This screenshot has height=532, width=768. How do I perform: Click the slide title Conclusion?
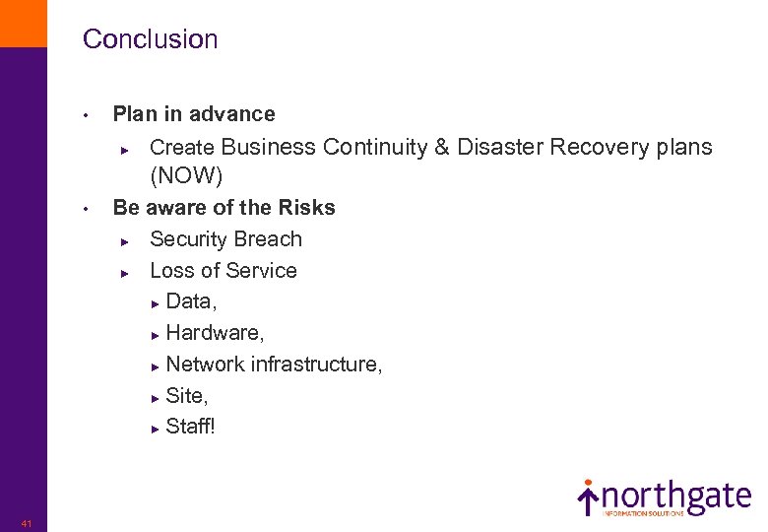(150, 39)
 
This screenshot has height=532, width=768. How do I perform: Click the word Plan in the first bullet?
(133, 114)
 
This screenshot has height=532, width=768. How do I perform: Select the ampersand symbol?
(440, 147)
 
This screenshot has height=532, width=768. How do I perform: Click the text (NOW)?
(186, 176)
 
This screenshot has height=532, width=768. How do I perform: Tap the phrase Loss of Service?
(223, 271)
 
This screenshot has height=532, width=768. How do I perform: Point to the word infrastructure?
(316, 365)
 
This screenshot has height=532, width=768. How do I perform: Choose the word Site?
(186, 396)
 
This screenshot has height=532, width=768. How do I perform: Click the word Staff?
(190, 428)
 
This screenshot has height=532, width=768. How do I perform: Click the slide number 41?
(26, 523)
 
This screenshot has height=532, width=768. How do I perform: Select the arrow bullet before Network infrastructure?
(156, 366)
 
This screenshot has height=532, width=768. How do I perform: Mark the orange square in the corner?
(23, 23)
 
